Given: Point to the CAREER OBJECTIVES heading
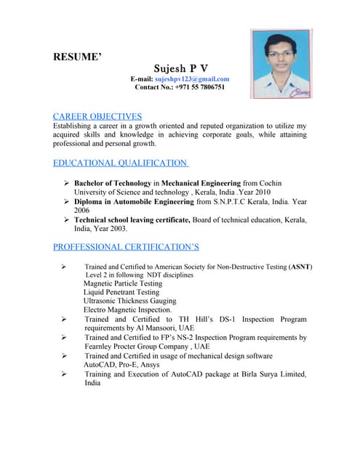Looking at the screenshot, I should [97, 116].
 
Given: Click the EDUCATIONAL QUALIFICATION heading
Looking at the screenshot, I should [121, 163].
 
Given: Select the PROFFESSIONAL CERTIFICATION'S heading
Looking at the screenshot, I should [126, 247].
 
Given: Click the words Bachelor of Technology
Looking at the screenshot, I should [113, 183].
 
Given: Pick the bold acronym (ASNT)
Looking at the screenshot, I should [300, 267].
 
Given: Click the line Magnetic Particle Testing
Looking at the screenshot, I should [123, 284].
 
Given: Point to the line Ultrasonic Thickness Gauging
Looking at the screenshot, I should [129, 301].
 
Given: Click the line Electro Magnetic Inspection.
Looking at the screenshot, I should [127, 310].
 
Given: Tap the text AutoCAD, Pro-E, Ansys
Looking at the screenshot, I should [123, 365].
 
